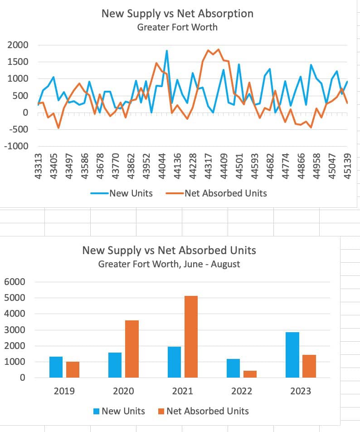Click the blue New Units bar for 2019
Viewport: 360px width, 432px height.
tap(56, 367)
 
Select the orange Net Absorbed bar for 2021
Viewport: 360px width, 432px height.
tap(191, 337)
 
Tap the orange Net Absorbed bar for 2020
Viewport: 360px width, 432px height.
tap(132, 349)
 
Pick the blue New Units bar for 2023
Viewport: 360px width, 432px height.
tap(292, 355)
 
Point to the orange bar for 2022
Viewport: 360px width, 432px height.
tap(250, 374)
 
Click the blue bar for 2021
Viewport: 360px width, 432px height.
tap(174, 362)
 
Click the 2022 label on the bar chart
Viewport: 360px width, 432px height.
tap(241, 391)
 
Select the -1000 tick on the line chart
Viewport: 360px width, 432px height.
tap(16, 147)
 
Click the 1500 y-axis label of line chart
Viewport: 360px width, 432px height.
tap(18, 62)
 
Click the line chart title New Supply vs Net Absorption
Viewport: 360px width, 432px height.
tap(177, 13)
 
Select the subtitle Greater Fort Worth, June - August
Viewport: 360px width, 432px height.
tap(169, 264)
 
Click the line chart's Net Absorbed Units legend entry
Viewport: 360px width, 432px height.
tap(225, 193)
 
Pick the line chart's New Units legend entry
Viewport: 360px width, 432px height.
tap(131, 193)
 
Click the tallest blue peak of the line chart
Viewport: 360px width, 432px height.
tap(167, 51)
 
